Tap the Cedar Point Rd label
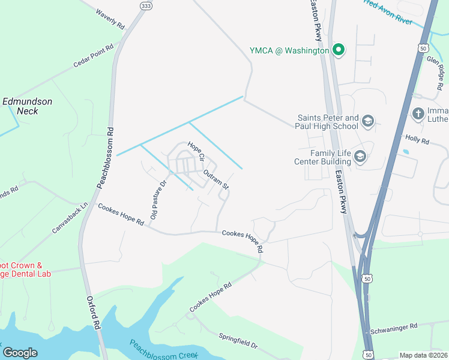tap(93, 56)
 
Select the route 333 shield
tap(145, 5)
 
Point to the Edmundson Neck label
tap(28, 106)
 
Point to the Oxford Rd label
tap(92, 311)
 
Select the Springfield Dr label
tap(238, 341)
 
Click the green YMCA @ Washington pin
tap(339, 50)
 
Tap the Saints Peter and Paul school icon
tap(367, 122)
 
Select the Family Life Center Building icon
tap(360, 157)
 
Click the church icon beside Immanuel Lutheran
tap(418, 113)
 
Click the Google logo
tap(20, 353)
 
